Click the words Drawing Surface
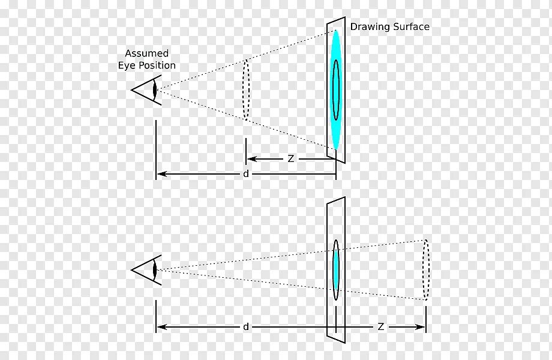390,27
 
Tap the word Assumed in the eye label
146,53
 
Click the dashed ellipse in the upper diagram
245,89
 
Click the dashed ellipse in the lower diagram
426,269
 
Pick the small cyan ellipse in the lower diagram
336,269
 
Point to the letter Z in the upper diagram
290,159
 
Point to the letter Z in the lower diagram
380,327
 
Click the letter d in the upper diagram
245,174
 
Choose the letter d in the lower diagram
245,327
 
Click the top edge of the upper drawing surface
336,20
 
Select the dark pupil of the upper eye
155,91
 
